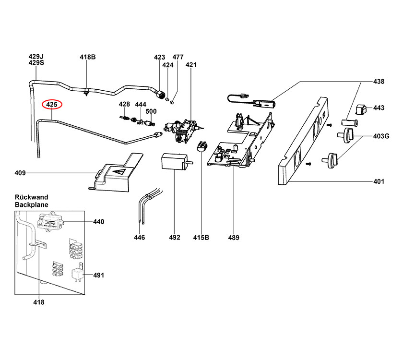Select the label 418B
coord(88,57)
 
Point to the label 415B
coord(201,237)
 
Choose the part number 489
coord(234,237)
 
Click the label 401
coord(379,181)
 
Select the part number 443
coord(379,108)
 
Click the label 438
coord(379,82)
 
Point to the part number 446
coord(140,237)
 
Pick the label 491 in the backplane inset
coord(99,275)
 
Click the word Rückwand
coord(32,197)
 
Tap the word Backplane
coord(32,204)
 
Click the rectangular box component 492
coord(174,161)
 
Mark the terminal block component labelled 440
coord(50,222)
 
